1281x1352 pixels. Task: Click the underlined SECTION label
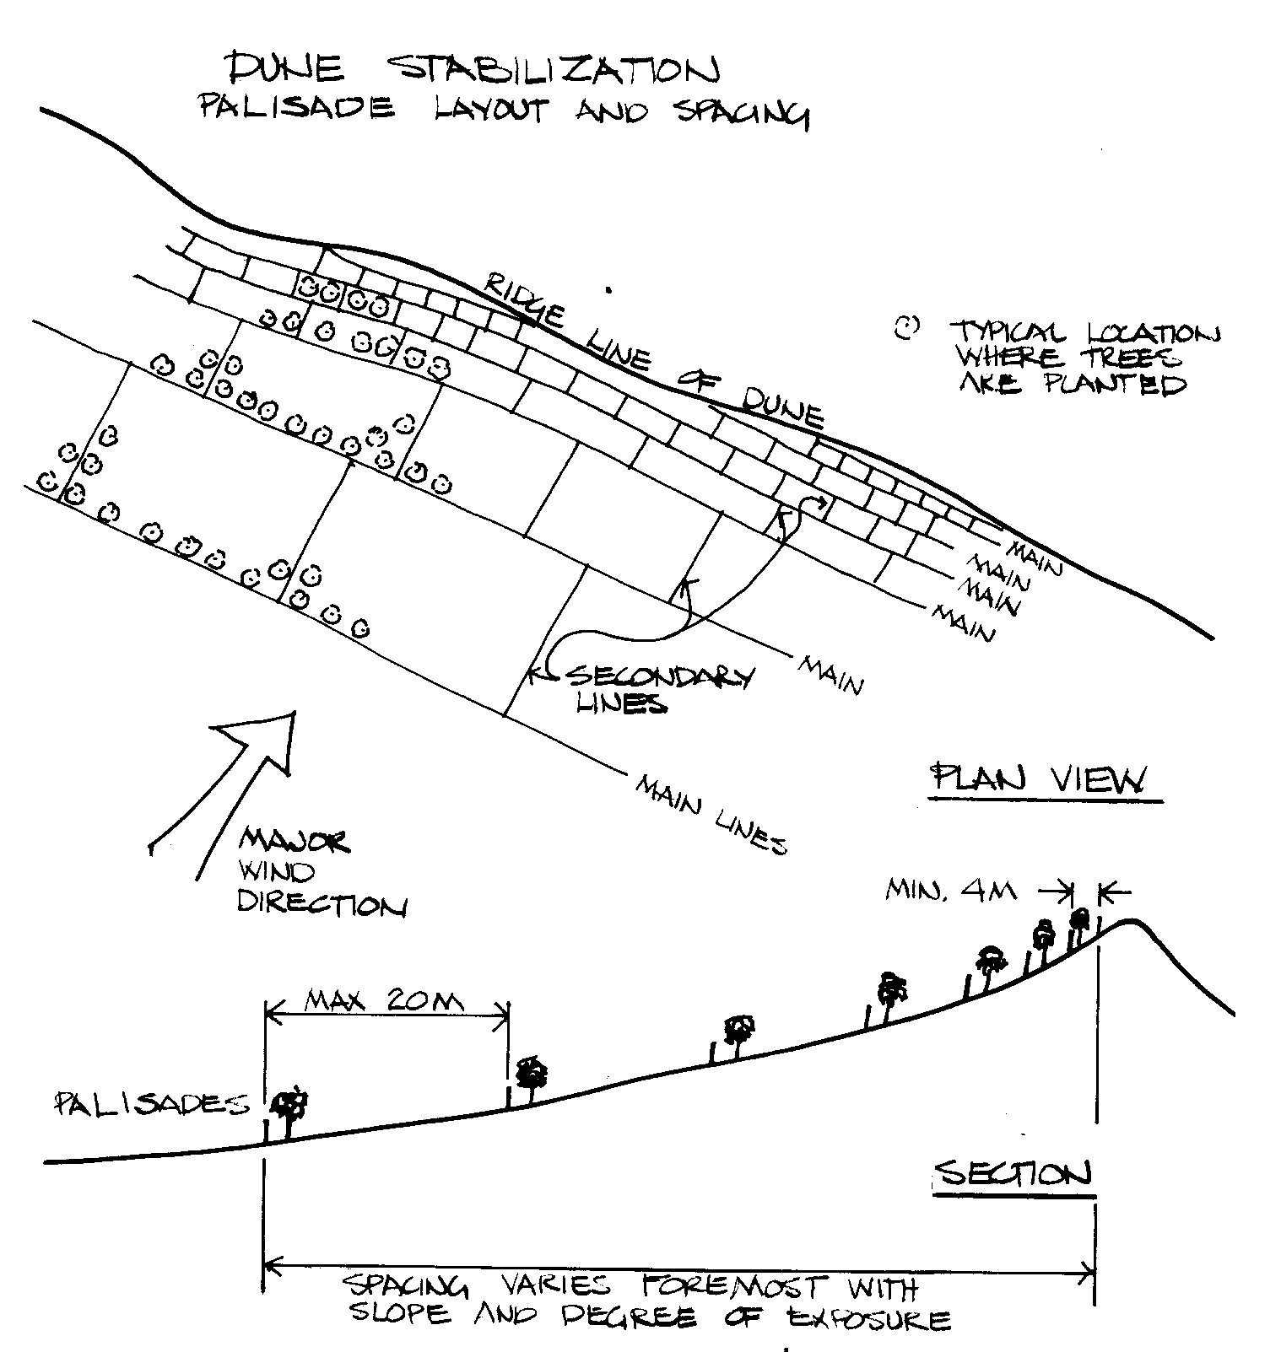click(x=1013, y=1174)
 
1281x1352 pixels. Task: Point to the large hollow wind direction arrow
click(x=236, y=776)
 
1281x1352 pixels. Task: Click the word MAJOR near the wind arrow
click(x=294, y=841)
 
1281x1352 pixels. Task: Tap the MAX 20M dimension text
click(x=384, y=1002)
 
